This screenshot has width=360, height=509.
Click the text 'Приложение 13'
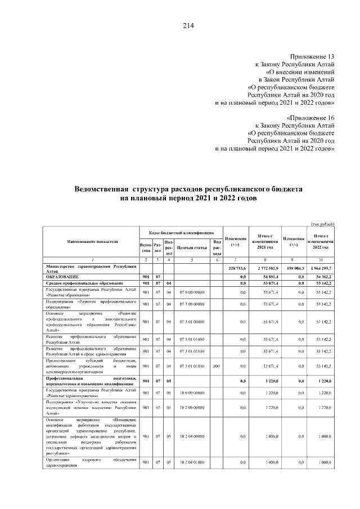pos(312,57)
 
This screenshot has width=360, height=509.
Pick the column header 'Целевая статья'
pos(189,246)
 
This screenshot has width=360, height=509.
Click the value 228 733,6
pos(236,268)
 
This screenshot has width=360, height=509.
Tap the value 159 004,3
pos(294,268)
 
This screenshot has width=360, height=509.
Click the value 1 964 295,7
pos(322,268)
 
